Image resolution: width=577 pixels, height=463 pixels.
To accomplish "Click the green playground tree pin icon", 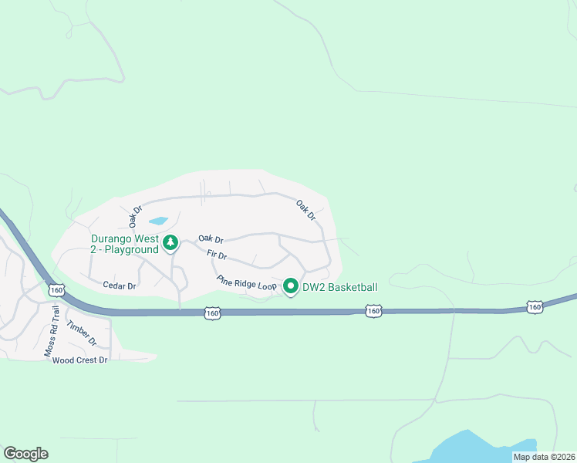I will pos(170,244).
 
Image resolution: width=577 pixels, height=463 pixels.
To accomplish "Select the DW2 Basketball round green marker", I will pos(291,286).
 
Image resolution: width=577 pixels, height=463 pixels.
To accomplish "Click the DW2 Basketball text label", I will pos(339,287).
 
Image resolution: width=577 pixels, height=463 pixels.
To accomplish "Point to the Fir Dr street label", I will pos(217,255).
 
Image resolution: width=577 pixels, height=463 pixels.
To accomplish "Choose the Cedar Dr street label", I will pos(120,286).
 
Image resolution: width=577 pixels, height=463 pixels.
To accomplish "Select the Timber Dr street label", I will pos(81,333).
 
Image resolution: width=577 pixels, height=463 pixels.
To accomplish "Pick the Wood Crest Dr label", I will pos(79,360).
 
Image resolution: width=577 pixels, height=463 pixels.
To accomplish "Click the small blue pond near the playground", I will pos(159,221).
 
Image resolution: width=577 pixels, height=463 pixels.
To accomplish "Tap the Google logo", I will pos(25,454).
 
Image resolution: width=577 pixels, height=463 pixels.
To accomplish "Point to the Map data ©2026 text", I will pos(543,457).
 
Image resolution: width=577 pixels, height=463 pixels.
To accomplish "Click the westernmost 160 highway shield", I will pos(56,290).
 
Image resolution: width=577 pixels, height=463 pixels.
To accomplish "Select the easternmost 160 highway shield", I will pos(535,307).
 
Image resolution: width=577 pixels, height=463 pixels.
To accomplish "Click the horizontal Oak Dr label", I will pos(211,239).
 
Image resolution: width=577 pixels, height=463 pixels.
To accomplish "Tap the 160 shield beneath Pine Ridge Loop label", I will pos(213,313).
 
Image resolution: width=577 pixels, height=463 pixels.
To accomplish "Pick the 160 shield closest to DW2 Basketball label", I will pos(373,310).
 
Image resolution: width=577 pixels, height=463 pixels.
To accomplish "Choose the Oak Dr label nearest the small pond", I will pos(137,215).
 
